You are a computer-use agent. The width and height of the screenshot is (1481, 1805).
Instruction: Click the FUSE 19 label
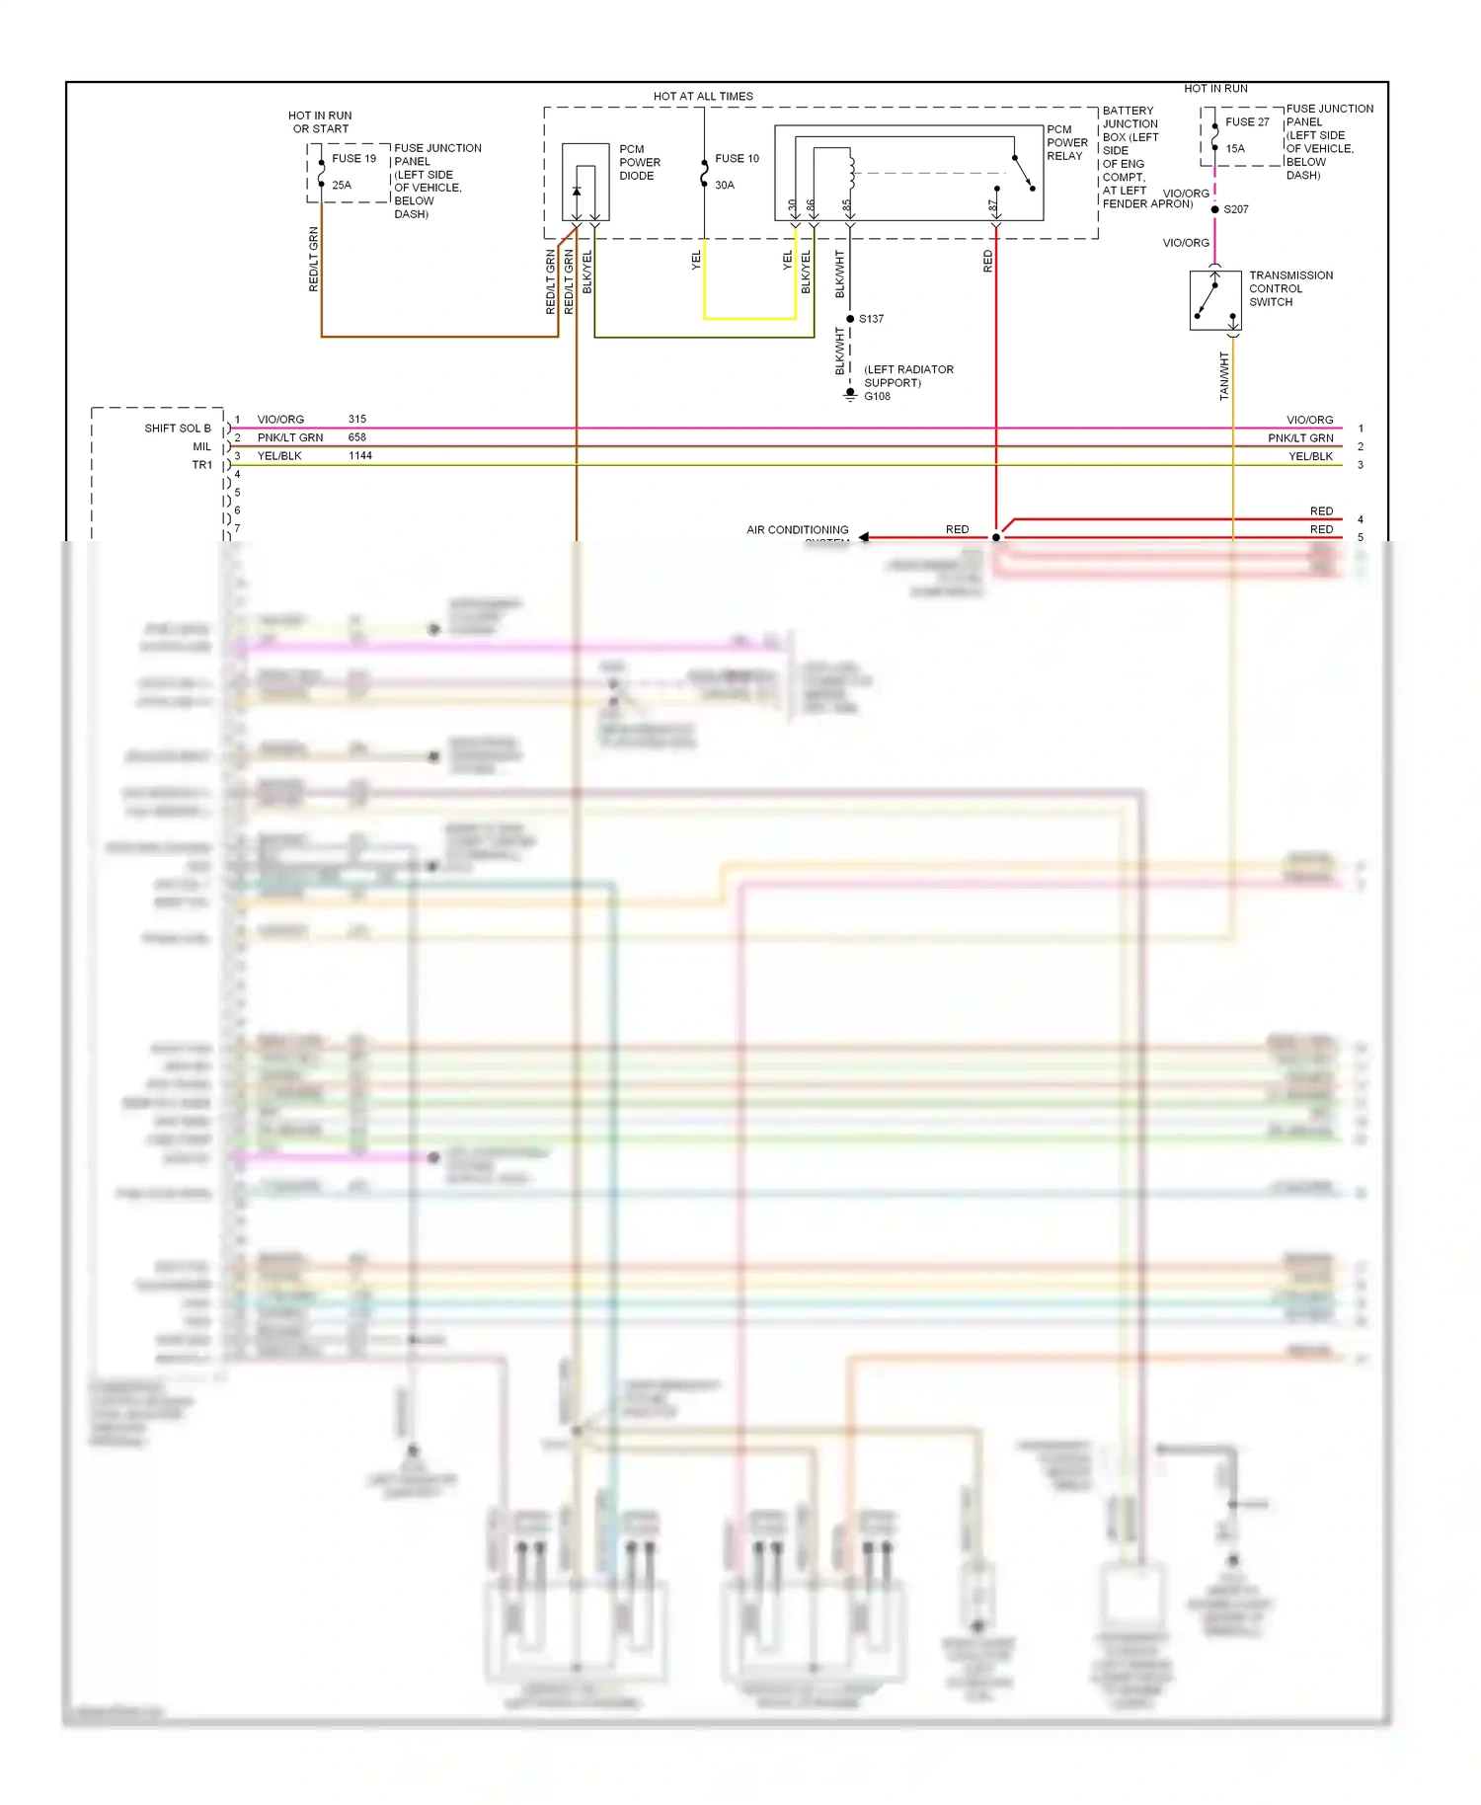(x=353, y=159)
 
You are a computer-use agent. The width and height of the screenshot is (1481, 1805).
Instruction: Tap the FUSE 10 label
(x=737, y=159)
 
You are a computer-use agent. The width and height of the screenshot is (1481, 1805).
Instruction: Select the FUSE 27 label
(x=1247, y=122)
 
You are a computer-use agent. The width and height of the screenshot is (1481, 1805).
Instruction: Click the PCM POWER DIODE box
(x=585, y=182)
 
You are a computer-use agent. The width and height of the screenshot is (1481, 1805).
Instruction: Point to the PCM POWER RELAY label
(x=1066, y=143)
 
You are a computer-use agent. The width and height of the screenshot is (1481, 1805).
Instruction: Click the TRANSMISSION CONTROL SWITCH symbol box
(x=1215, y=300)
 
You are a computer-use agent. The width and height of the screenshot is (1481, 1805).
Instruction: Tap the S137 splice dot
(x=850, y=319)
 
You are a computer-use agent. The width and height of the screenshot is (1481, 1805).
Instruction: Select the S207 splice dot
(x=1214, y=209)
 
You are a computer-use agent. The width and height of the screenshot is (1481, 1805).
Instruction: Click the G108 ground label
(x=877, y=397)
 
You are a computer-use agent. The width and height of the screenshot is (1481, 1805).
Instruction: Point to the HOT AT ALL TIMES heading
(x=703, y=97)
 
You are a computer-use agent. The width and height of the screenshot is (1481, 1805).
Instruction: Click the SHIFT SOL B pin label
(x=178, y=429)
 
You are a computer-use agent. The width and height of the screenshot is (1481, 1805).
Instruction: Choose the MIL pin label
(x=202, y=447)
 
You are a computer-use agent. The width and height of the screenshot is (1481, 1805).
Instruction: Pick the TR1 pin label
(x=202, y=465)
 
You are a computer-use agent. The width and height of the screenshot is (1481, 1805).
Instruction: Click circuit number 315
(x=357, y=420)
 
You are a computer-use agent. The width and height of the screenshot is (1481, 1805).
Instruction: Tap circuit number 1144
(x=360, y=456)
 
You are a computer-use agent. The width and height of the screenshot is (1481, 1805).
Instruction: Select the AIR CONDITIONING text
(x=797, y=530)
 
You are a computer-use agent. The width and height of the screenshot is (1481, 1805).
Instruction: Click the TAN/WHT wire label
(x=1224, y=376)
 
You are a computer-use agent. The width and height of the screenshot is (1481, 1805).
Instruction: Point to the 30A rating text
(x=725, y=186)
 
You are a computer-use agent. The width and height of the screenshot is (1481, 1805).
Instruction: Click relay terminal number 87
(x=992, y=206)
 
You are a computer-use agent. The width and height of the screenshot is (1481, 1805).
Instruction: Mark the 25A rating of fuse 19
(x=342, y=186)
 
